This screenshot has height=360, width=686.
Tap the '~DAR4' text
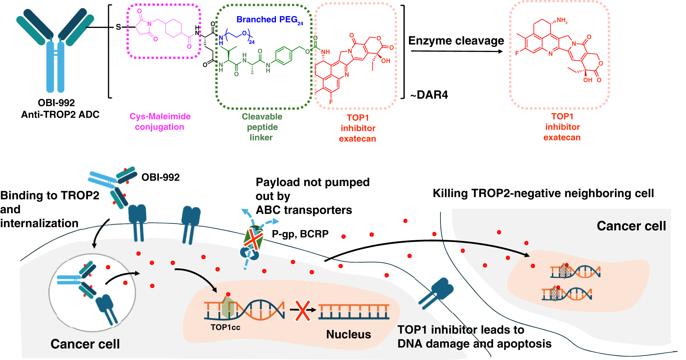tap(429, 95)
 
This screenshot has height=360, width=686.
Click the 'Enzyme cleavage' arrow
tap(457, 51)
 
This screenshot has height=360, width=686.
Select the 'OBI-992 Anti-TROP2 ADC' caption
tap(60, 109)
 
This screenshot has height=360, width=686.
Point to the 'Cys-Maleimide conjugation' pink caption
tap(160, 122)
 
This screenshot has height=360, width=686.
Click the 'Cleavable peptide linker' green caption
tap(262, 127)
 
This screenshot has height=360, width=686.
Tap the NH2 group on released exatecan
tap(562, 21)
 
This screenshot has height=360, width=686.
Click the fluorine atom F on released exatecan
tap(517, 53)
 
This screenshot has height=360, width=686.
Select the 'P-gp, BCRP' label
tap(300, 234)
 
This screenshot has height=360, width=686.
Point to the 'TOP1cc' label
tap(225, 327)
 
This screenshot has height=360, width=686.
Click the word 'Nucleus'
tap(348, 334)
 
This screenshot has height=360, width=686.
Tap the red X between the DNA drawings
tap(303, 310)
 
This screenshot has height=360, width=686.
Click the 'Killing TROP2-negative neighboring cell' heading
tap(543, 193)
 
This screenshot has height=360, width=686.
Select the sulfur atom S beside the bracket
tap(118, 27)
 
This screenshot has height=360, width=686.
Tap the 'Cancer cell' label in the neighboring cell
tap(631, 226)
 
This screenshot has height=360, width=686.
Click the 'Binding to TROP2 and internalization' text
tap(49, 209)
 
